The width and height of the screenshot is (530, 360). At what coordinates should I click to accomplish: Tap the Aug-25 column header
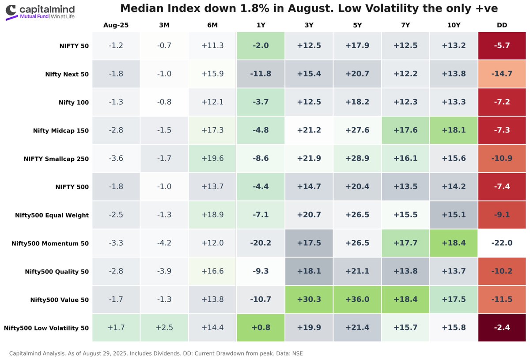tap(116, 26)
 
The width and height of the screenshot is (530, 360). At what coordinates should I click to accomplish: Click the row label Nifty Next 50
tap(67, 74)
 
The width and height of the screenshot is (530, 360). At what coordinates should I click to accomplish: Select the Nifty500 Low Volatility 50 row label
tap(46, 328)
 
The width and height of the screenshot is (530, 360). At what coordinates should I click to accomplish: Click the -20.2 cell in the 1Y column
tap(261, 243)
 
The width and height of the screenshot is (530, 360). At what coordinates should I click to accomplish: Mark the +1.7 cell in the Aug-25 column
tap(116, 328)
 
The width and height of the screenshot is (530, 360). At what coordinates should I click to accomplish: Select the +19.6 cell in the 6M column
tap(212, 159)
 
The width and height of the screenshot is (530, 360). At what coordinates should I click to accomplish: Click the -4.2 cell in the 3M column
tap(164, 243)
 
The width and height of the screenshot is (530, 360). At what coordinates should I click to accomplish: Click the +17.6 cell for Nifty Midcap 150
tap(405, 130)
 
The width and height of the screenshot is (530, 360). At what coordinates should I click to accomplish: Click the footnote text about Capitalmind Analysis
tap(155, 353)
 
